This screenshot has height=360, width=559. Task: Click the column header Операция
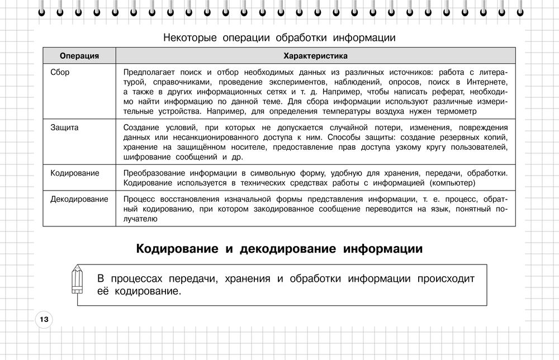[x=79, y=56]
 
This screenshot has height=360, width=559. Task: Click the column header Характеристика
[x=315, y=56]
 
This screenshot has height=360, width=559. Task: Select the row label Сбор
[x=60, y=73]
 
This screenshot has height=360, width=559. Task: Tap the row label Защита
[x=64, y=127]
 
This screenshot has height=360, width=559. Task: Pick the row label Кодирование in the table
[x=75, y=173]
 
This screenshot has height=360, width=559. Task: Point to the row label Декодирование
[x=79, y=200]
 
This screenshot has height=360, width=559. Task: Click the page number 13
[x=44, y=320]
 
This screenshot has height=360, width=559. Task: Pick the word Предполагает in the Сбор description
[x=149, y=73]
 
